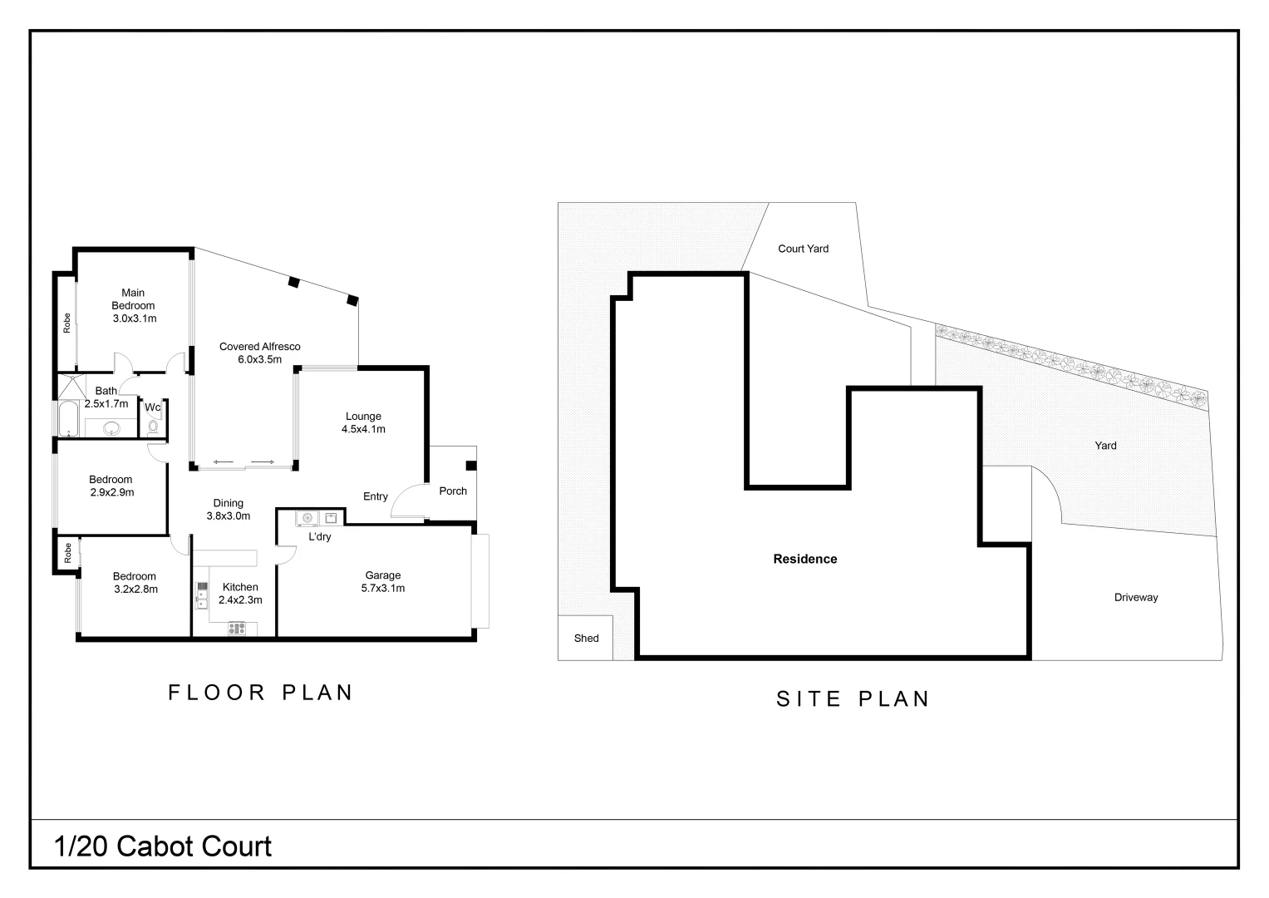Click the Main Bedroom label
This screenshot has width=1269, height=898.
(x=133, y=299)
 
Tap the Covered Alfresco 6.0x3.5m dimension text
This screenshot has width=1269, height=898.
(x=259, y=360)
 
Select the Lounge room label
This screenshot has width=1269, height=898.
(x=363, y=417)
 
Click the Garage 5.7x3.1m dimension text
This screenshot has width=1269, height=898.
(x=382, y=588)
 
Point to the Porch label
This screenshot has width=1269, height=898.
(x=453, y=491)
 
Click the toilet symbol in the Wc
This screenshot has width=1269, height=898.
(x=153, y=427)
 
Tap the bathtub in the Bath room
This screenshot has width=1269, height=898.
(x=68, y=419)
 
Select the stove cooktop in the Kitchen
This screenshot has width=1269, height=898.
(x=237, y=629)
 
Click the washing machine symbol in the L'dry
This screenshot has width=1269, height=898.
(x=307, y=519)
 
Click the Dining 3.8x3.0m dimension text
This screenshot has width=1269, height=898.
(x=228, y=516)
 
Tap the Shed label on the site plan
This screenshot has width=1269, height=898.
(x=586, y=639)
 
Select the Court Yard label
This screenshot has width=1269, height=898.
(x=803, y=249)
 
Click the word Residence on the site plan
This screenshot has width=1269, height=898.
(x=804, y=560)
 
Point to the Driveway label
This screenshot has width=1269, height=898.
(x=1135, y=598)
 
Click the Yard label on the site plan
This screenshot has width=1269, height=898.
(x=1105, y=446)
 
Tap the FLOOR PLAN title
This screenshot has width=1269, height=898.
(x=261, y=693)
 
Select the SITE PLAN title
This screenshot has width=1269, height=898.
(x=853, y=699)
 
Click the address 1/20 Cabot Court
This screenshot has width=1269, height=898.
(x=163, y=846)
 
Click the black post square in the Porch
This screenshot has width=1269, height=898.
(x=470, y=466)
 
